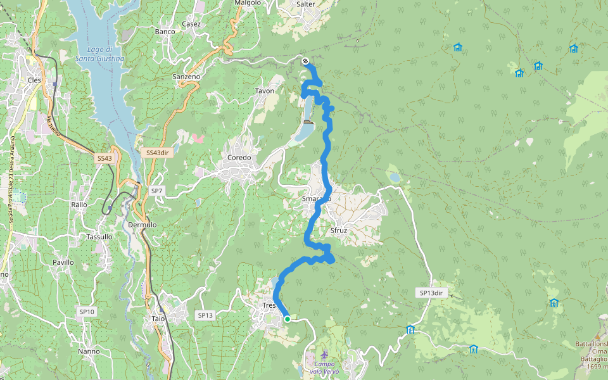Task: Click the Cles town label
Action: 34,80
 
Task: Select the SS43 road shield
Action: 104,158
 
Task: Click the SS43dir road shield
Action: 157,153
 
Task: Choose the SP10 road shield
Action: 87,312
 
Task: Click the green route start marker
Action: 287,319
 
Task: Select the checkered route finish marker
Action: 306,61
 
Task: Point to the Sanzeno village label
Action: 186,77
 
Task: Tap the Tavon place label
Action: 265,91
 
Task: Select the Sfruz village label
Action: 339,231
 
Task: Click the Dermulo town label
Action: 142,225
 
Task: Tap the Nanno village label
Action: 89,351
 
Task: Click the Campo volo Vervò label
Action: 325,368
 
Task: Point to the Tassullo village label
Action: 99,236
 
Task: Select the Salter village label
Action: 306,4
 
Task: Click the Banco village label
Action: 165,32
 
